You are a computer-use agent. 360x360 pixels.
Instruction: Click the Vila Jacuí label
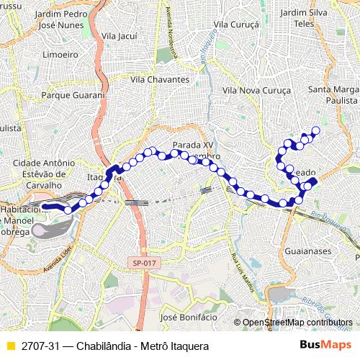[x=120, y=35]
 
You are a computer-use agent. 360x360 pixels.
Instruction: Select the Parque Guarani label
[x=73, y=94]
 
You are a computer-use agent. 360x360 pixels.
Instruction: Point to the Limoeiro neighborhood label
[x=60, y=54]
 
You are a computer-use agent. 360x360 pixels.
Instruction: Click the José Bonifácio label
[x=189, y=317]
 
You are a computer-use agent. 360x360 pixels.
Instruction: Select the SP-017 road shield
[x=143, y=264]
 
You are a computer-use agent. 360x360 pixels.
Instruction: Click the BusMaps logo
[x=326, y=344]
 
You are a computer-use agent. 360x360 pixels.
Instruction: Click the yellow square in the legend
[x=9, y=345]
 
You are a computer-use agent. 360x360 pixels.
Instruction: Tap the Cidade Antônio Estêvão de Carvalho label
[x=45, y=173]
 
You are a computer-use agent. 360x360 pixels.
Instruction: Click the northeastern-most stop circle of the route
[x=315, y=130]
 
